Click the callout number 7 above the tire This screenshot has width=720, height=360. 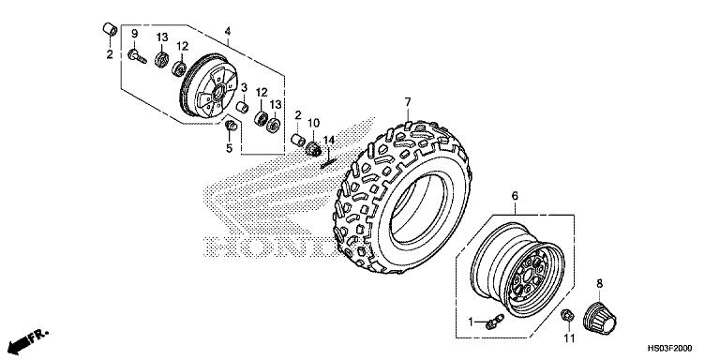point(408,101)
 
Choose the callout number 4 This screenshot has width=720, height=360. point(228,31)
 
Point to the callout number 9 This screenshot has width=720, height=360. point(134,35)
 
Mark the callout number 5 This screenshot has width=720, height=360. point(229,146)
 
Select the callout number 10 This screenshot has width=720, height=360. point(314,123)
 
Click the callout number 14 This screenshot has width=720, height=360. point(329,140)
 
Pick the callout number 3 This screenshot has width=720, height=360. point(244,88)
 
